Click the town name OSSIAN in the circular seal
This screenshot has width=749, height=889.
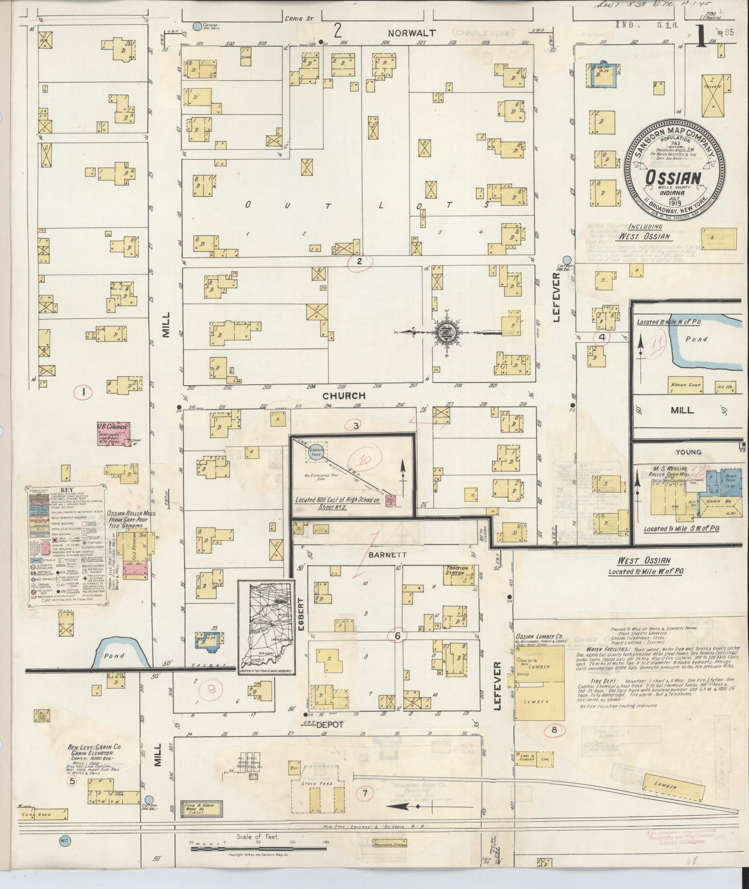(x=673, y=177)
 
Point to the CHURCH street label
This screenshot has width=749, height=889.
(x=344, y=396)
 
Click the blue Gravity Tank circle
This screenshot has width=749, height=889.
(x=316, y=451)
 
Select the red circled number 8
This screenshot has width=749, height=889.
(x=555, y=730)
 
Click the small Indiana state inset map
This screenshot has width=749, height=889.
(x=266, y=626)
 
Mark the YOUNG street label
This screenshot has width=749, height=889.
(x=688, y=452)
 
